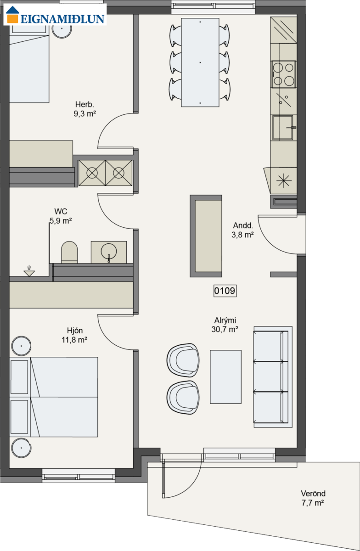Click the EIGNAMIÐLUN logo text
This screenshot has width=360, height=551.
click(62, 19)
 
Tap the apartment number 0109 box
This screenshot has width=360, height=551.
click(225, 291)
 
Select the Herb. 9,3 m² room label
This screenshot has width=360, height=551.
click(84, 109)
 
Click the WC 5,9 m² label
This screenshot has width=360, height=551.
click(61, 216)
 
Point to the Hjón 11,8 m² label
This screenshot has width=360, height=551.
click(74, 335)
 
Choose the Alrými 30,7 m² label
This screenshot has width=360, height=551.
click(225, 325)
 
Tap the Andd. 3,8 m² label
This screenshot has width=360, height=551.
click(242, 230)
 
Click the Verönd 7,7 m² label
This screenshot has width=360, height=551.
click(313, 498)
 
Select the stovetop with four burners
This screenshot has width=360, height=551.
click(283, 74)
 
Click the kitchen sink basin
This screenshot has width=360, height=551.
click(283, 128)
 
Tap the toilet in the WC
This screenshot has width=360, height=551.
click(69, 252)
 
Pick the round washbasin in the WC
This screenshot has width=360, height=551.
click(109, 252)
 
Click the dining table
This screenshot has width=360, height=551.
click(200, 62)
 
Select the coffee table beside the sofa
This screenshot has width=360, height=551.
click(225, 377)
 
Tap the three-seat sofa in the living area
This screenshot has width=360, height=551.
click(273, 377)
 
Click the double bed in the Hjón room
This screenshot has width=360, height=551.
click(54, 397)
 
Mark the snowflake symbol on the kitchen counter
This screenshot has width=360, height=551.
click(284, 181)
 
